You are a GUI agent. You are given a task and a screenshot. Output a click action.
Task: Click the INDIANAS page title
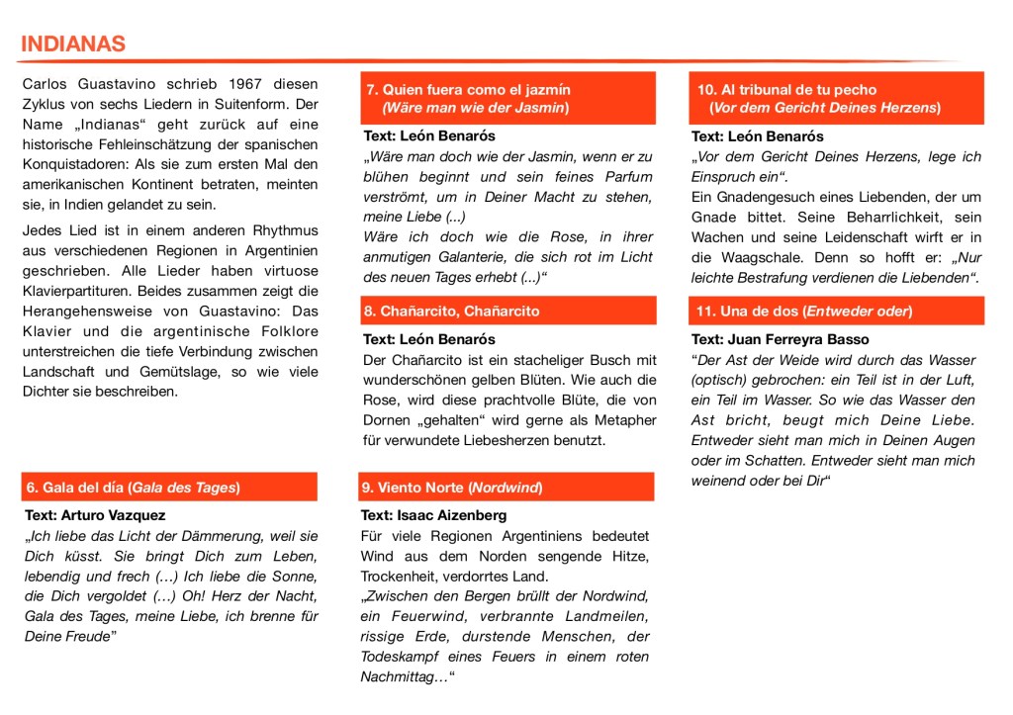[73, 44]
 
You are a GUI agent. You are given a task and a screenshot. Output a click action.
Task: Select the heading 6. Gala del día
[134, 488]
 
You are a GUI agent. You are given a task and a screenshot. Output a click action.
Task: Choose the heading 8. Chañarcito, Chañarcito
[452, 312]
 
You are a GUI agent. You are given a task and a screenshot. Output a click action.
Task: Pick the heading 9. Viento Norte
[452, 488]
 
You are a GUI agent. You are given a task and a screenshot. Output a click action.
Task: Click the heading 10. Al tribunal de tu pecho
[786, 89]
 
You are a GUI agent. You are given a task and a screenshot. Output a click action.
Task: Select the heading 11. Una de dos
[804, 312]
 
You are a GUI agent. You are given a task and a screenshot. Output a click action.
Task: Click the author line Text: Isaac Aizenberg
[433, 515]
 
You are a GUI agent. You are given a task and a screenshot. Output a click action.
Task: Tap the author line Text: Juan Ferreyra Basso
[781, 339]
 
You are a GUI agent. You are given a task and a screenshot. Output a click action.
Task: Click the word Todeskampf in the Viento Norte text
[399, 657]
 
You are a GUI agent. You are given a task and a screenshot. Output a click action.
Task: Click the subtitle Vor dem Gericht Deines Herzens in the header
[824, 107]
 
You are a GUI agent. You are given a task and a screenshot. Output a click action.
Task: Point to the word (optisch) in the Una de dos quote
[726, 380]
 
